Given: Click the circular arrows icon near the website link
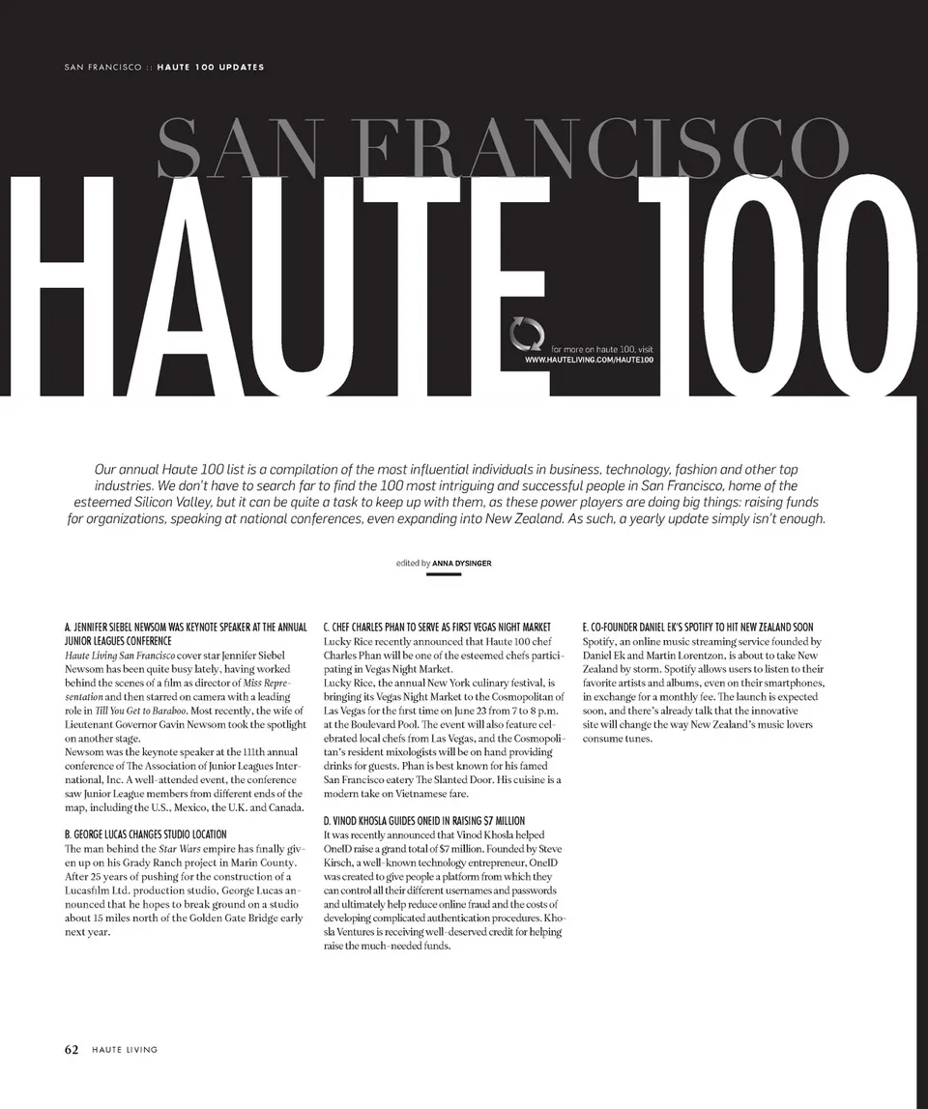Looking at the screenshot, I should click(528, 336).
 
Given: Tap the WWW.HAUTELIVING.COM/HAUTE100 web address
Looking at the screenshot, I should click(589, 360).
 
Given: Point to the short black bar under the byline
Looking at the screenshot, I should click(443, 574).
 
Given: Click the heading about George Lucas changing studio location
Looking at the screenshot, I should click(145, 833).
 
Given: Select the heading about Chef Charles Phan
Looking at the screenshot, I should click(436, 627).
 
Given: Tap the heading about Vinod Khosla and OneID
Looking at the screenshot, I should click(423, 820).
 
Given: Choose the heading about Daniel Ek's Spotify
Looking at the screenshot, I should click(697, 627).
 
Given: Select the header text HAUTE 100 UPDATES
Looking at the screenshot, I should click(210, 67).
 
